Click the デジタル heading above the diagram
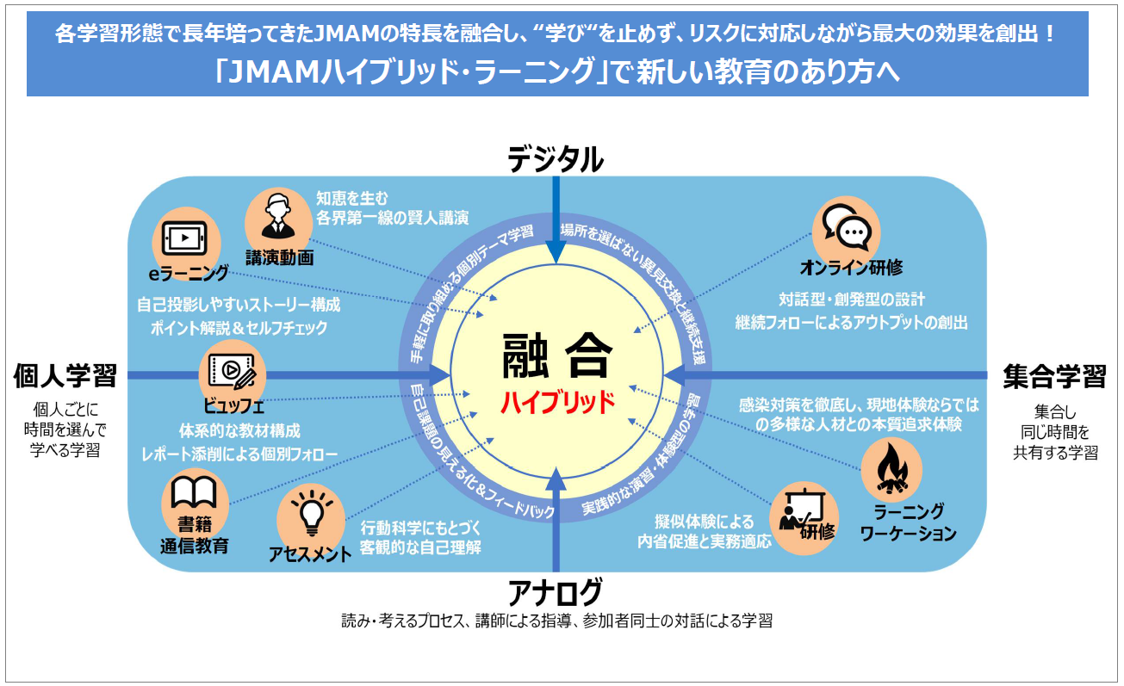pyautogui.click(x=556, y=160)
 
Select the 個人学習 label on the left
pyautogui.click(x=65, y=375)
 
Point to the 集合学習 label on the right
pyautogui.click(x=1054, y=376)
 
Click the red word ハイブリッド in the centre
pyautogui.click(x=559, y=402)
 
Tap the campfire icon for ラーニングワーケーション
pyautogui.click(x=891, y=470)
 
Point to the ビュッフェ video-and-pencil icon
pyautogui.click(x=232, y=371)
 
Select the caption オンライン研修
pyautogui.click(x=851, y=268)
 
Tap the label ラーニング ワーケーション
pyautogui.click(x=908, y=522)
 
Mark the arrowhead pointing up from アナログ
pyautogui.click(x=557, y=479)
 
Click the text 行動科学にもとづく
pyautogui.click(x=419, y=528)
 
